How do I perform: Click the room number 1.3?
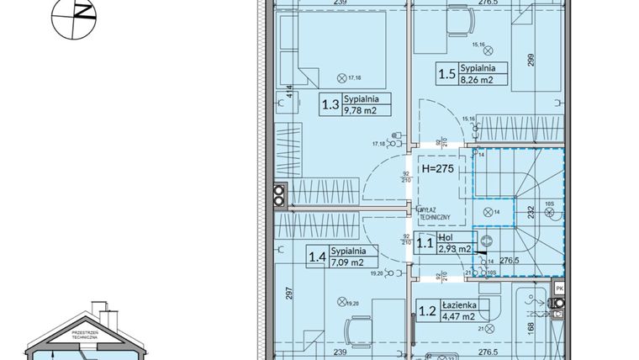click(x=331, y=105)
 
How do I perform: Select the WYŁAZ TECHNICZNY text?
click(x=437, y=214)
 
